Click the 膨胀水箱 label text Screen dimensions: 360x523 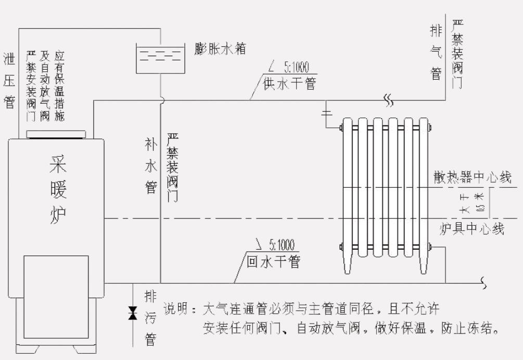click(x=219, y=49)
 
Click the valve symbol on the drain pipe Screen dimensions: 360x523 click(x=133, y=314)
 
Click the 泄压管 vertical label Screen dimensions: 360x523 click(x=9, y=80)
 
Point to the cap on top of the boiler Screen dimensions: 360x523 click(x=57, y=135)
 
